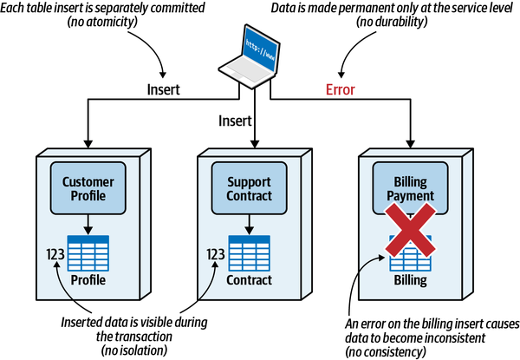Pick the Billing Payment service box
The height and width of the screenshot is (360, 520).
tap(413, 190)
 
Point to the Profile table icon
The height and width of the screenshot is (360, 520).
tap(88, 253)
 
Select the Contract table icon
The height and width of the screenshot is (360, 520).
tap(251, 253)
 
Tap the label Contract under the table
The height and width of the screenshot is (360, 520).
tap(250, 281)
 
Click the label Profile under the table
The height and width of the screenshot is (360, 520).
tap(88, 281)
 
